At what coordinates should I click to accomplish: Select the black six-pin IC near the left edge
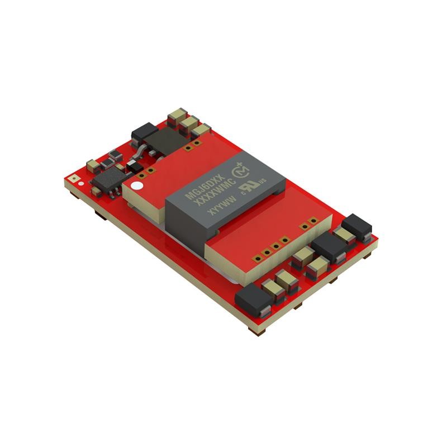tap(106, 182)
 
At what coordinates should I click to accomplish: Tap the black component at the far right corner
tap(356, 226)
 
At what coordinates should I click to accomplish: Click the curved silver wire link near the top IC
tap(139, 151)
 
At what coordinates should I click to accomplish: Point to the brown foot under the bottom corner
tap(258, 332)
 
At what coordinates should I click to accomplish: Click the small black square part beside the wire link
tap(132, 166)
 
